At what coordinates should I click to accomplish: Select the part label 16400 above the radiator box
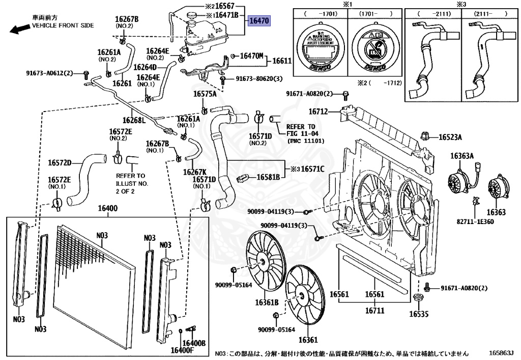[107, 209]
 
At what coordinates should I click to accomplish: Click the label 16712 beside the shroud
[319, 112]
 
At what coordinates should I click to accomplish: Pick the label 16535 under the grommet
[420, 314]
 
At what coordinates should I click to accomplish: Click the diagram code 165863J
[502, 352]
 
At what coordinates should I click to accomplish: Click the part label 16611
[282, 61]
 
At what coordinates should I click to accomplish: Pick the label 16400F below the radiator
[182, 350]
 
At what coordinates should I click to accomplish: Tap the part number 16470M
[251, 56]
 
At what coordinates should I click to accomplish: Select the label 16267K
[195, 172]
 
